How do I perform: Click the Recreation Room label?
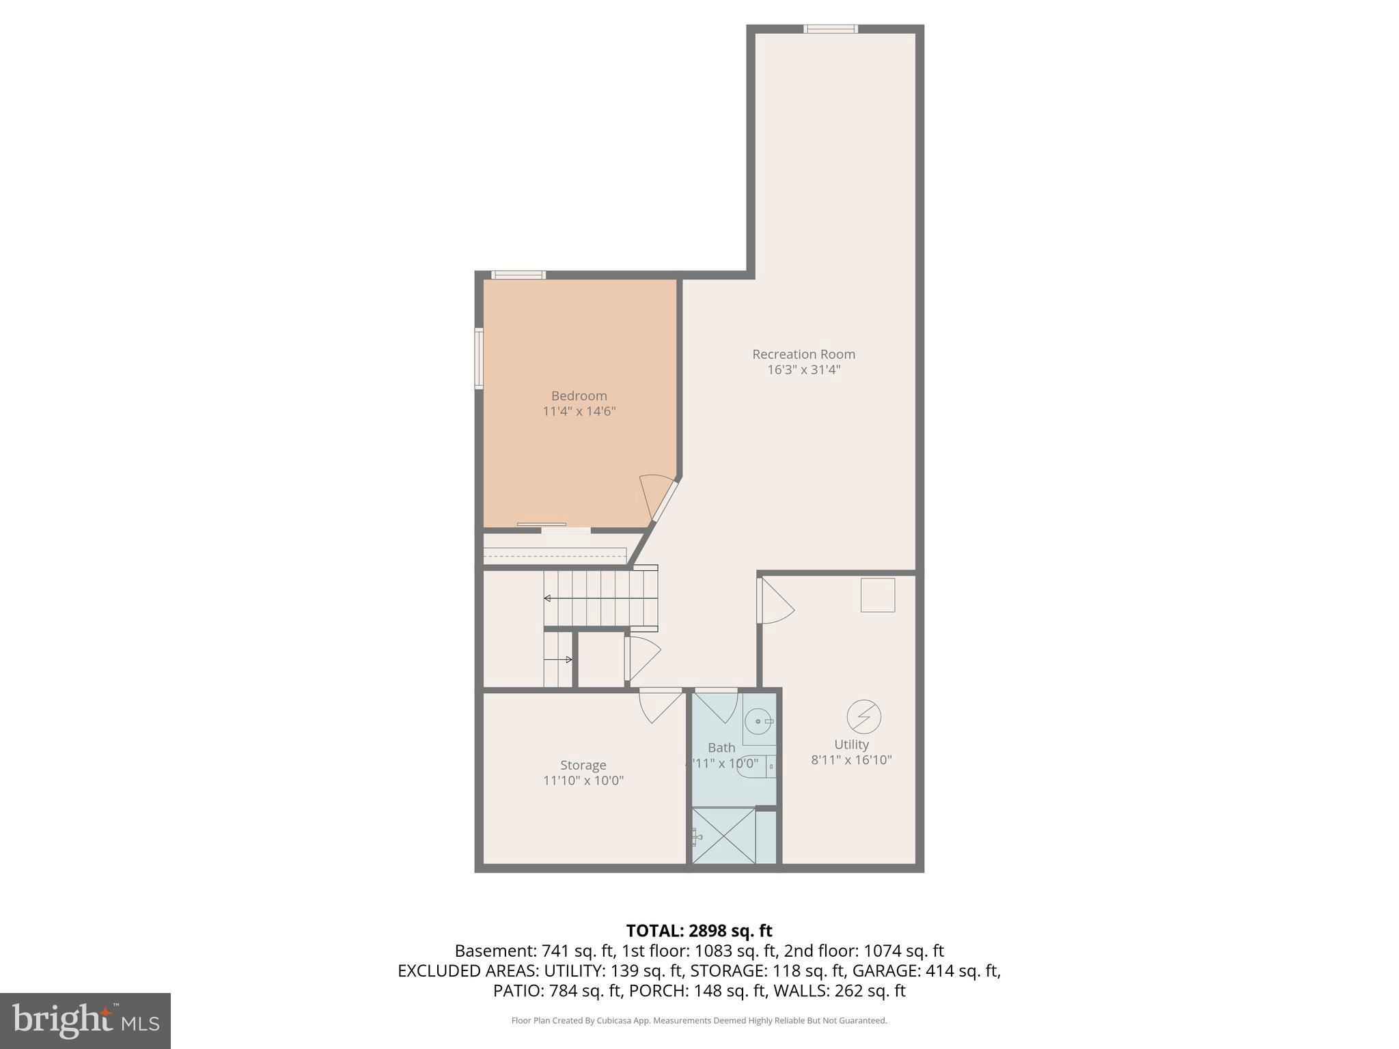pos(803,354)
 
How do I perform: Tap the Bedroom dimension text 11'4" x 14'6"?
pos(579,411)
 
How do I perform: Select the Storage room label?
pos(583,765)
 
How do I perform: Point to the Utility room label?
pos(851,744)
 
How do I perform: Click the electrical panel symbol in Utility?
pos(863,716)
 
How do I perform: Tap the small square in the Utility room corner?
pos(877,595)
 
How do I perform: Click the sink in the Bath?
pos(758,721)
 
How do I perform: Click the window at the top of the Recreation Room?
pos(830,29)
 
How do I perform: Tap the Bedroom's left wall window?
pos(479,359)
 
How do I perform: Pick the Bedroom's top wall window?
pos(518,275)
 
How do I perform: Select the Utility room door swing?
pos(776,602)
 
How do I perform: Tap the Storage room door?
pos(660,705)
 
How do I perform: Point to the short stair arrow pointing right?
pos(558,660)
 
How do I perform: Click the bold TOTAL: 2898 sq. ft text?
pos(699,931)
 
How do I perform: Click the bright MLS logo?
pos(85,1020)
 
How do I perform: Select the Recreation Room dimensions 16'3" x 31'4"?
pos(803,370)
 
